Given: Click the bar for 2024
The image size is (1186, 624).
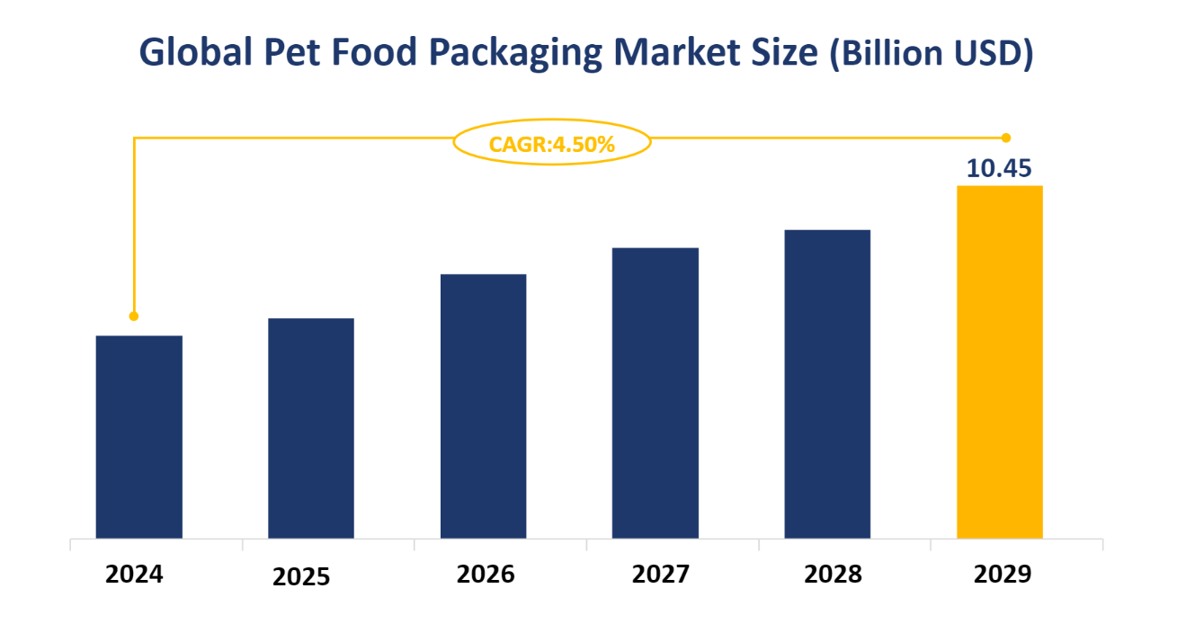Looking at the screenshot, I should [138, 437].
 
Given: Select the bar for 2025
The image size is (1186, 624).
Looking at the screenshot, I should [311, 428].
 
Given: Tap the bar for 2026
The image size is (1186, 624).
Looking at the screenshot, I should [483, 406].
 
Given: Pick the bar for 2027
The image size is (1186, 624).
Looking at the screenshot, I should [655, 393].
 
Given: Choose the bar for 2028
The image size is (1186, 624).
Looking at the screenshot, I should [827, 384].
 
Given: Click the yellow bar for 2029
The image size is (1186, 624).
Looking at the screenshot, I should [999, 362].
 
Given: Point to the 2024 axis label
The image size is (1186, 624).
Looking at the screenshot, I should [134, 574].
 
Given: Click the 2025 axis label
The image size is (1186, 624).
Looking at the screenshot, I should [301, 576].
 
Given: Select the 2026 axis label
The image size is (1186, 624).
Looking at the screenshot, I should [486, 574].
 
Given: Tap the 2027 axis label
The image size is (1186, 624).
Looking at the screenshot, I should [661, 574].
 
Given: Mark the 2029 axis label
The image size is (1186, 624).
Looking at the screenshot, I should [1003, 574].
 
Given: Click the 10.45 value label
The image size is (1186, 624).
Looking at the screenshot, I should [998, 168].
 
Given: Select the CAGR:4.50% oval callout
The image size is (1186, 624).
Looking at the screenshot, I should [551, 143].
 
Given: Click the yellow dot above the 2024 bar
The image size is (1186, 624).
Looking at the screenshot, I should [134, 316].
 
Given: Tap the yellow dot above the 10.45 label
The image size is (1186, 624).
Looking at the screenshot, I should [1006, 138].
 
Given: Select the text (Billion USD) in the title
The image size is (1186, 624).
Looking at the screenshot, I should [931, 54].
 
